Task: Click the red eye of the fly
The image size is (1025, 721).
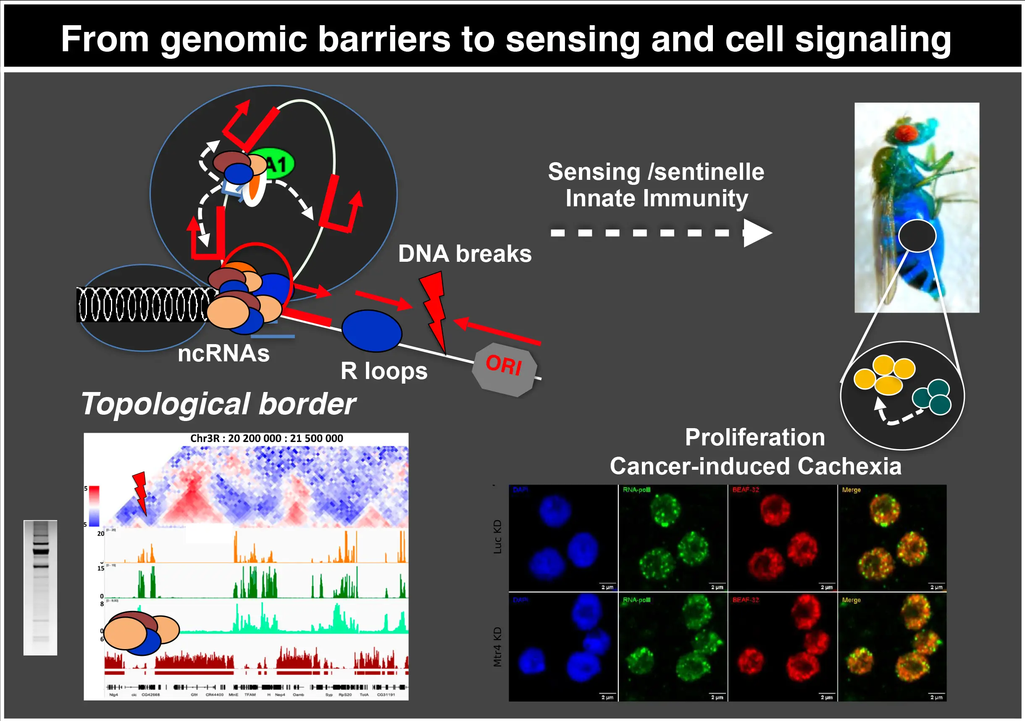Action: click(904, 133)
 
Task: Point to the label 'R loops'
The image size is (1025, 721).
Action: click(384, 371)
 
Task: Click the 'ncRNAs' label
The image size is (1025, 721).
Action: click(223, 354)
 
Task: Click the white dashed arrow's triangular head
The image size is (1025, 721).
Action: click(757, 233)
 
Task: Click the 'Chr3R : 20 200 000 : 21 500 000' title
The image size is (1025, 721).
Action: click(266, 438)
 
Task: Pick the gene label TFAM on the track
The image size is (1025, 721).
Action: click(250, 695)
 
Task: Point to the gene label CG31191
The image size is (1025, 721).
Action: click(386, 695)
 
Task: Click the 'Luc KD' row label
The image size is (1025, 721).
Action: click(497, 537)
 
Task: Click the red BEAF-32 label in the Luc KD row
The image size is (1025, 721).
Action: click(746, 490)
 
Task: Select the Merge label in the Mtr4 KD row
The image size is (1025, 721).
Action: click(851, 600)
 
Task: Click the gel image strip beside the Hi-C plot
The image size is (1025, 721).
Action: click(40, 587)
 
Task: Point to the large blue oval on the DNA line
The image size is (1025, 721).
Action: click(371, 331)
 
